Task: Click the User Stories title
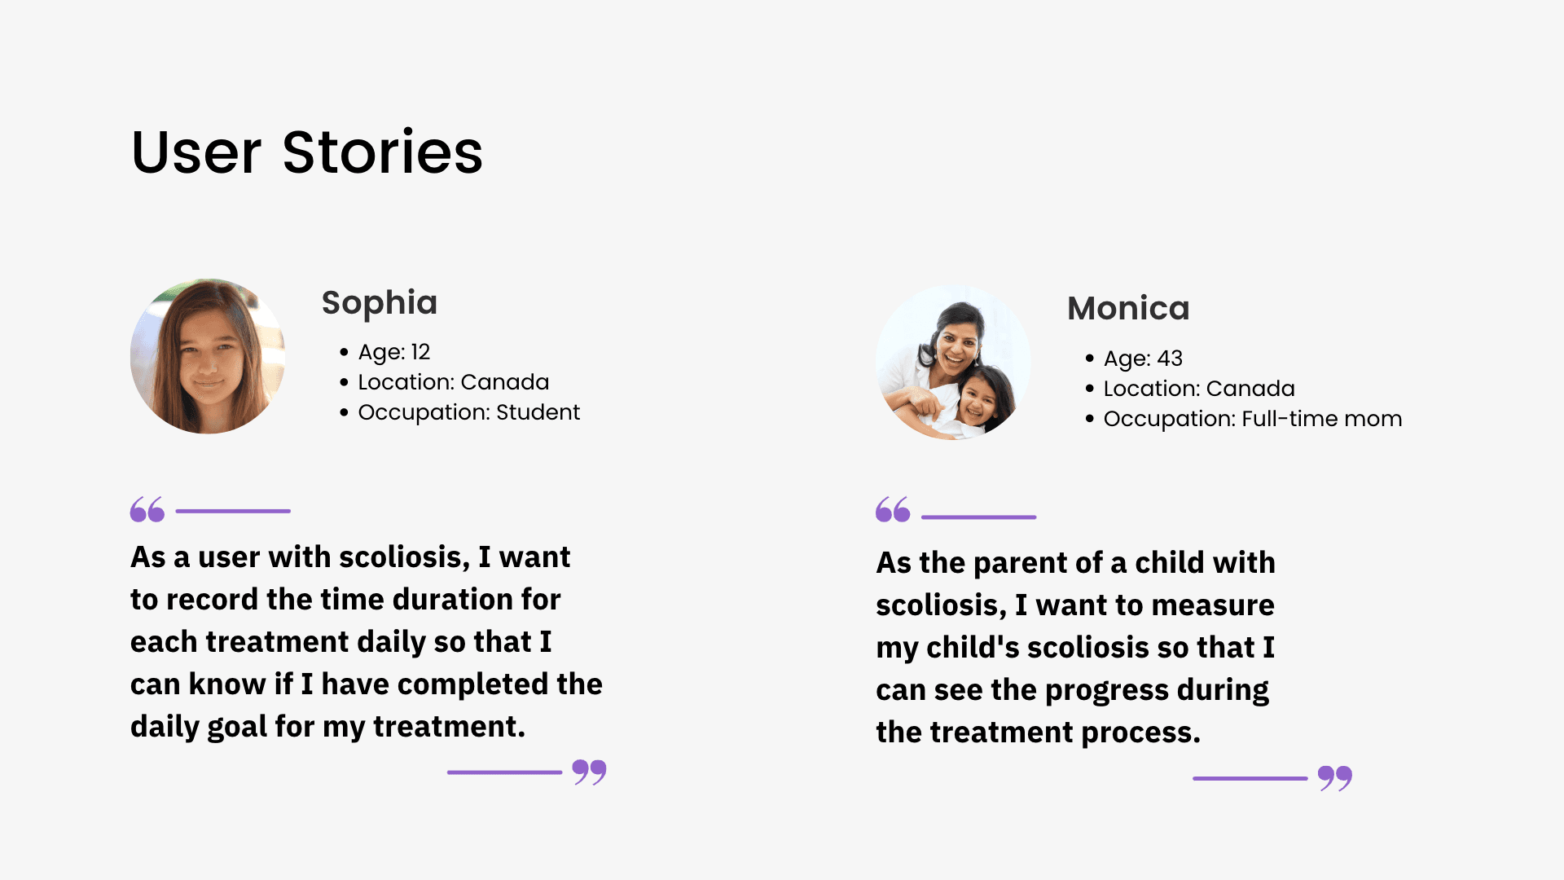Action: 307,152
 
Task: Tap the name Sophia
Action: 380,303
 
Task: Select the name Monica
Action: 1128,308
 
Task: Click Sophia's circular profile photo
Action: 208,356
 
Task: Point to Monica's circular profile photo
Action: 953,363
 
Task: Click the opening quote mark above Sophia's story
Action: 147,509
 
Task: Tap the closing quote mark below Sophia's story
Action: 589,772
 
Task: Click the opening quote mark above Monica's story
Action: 893,509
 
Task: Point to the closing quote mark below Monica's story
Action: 1335,778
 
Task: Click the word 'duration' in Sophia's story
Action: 418,599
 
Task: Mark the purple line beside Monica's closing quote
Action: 1250,778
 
